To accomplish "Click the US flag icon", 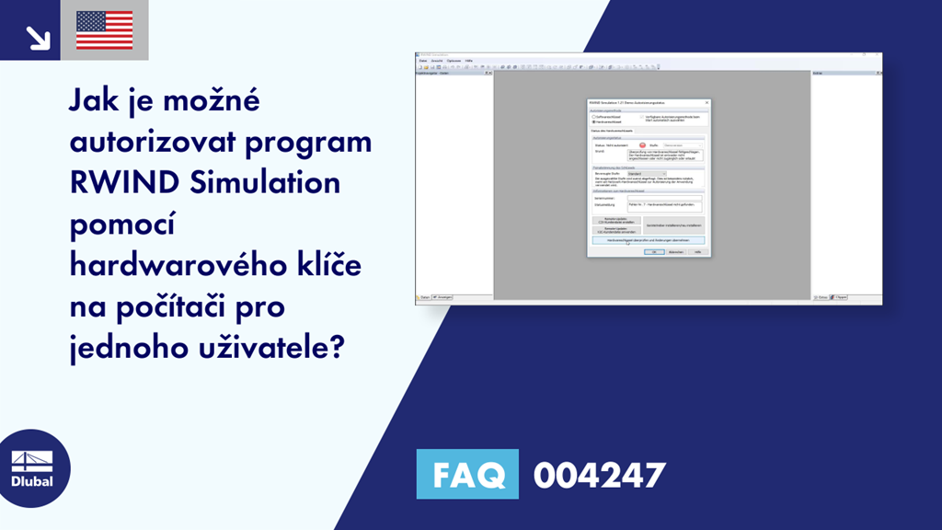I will [x=104, y=29].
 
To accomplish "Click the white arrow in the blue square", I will [x=37, y=37].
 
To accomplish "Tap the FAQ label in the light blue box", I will [x=467, y=475].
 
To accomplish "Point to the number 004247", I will [x=598, y=475].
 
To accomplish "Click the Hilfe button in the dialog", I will [x=698, y=251].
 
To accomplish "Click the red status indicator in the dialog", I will [x=643, y=145].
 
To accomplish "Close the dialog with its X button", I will [x=706, y=102].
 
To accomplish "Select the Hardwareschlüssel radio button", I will [x=593, y=122].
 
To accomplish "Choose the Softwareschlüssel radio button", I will [x=593, y=117].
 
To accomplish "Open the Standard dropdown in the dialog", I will [x=647, y=173].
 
